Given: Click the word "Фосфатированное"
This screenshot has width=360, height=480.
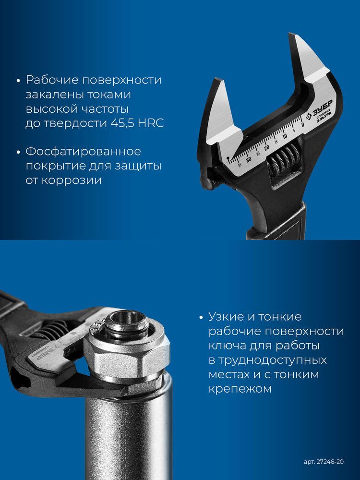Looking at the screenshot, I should [x=83, y=152].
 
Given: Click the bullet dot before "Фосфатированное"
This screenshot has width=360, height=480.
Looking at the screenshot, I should [x=18, y=152].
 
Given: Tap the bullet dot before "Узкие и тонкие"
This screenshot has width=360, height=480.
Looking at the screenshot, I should [x=201, y=317].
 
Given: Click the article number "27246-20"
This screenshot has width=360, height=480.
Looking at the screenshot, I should [x=331, y=462].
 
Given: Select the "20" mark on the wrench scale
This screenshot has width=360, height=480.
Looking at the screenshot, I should [x=267, y=147].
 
